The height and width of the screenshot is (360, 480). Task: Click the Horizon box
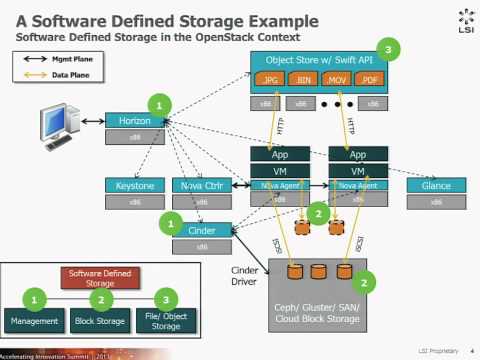point(134,120)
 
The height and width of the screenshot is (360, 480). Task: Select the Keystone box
point(134,185)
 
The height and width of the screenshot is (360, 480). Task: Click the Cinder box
point(201,230)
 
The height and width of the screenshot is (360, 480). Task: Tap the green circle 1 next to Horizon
point(161,101)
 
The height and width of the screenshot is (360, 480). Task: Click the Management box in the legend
point(36,320)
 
